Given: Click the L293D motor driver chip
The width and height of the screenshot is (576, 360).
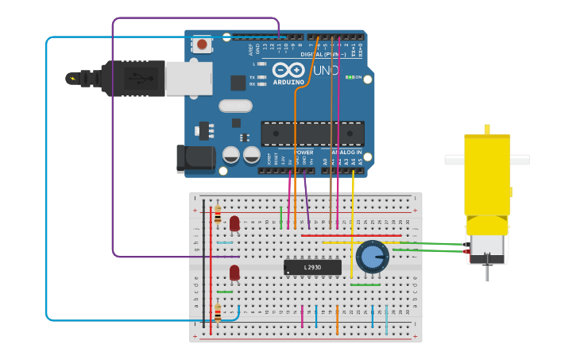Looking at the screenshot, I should [312, 268].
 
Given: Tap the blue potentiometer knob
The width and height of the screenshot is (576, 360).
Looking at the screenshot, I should [372, 256].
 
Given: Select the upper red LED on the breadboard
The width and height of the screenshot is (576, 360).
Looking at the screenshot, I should [234, 223].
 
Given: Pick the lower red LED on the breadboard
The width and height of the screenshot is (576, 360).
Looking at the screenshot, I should [234, 273].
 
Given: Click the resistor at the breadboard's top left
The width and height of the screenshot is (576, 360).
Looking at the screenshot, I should [218, 215].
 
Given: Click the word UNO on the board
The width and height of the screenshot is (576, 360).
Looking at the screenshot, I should [326, 71].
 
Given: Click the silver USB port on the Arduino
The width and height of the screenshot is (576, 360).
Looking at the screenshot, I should [189, 79].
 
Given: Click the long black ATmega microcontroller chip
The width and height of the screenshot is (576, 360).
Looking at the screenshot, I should [312, 134].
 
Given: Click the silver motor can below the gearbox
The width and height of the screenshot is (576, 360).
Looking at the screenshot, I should [487, 248].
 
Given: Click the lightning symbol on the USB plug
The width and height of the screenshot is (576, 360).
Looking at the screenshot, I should [75, 78].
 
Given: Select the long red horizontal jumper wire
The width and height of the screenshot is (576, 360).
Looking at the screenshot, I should [350, 235].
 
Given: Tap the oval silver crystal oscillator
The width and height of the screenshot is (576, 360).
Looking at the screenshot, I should [235, 106].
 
